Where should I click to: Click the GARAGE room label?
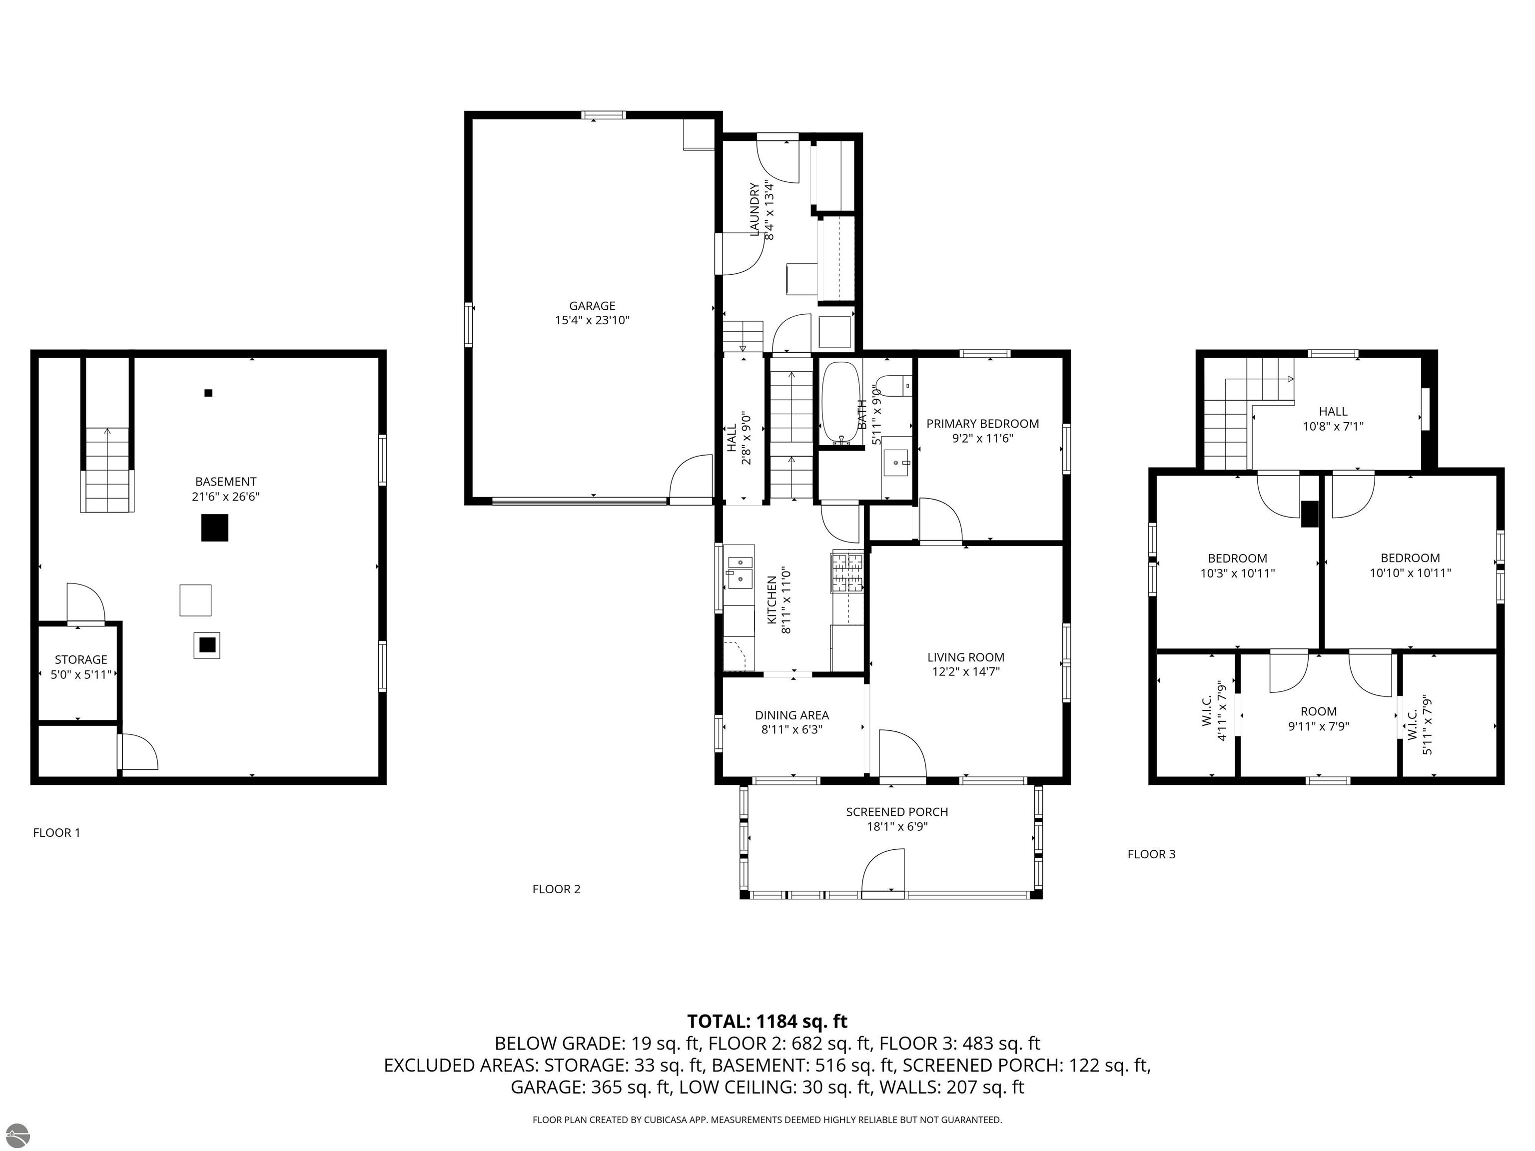pyautogui.click(x=592, y=306)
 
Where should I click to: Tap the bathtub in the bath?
pyautogui.click(x=840, y=402)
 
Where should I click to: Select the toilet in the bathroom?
pyautogui.click(x=892, y=385)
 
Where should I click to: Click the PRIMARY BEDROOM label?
pyautogui.click(x=983, y=424)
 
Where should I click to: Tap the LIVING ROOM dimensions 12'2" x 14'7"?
pyautogui.click(x=965, y=671)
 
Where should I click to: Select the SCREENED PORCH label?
pyautogui.click(x=896, y=812)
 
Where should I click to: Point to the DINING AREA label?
pyautogui.click(x=792, y=715)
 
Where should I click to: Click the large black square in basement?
pyautogui.click(x=214, y=528)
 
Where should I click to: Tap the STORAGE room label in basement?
pyautogui.click(x=81, y=660)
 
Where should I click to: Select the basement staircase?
pyautogui.click(x=107, y=471)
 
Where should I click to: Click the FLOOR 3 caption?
pyautogui.click(x=1151, y=854)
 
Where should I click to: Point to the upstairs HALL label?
pyautogui.click(x=1333, y=412)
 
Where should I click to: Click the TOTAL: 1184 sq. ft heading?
pyautogui.click(x=767, y=1021)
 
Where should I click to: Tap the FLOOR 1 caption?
pyautogui.click(x=57, y=833)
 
